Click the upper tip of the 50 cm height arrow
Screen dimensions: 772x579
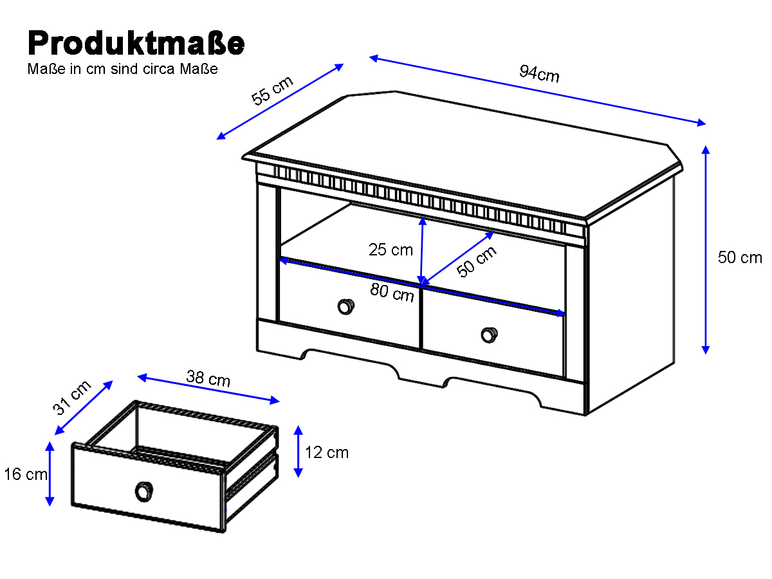(705, 146)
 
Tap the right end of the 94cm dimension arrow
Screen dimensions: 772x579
(706, 124)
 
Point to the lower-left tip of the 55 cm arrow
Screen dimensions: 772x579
(217, 139)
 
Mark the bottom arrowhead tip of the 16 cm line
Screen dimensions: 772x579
(50, 506)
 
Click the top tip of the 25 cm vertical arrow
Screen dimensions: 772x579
(423, 217)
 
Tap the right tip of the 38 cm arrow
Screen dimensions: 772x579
(279, 400)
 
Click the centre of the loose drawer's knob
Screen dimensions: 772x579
(144, 491)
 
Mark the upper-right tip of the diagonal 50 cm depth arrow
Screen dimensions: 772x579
(494, 232)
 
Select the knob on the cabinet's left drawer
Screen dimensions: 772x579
(345, 307)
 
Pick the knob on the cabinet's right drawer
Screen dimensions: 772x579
(489, 335)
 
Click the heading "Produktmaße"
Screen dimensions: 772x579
(136, 43)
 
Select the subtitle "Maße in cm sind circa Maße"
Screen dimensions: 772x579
(122, 69)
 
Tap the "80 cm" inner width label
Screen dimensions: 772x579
(392, 293)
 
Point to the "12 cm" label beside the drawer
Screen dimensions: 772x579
(327, 452)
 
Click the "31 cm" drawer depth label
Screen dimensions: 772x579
(72, 398)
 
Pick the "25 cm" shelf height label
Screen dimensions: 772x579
(391, 250)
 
